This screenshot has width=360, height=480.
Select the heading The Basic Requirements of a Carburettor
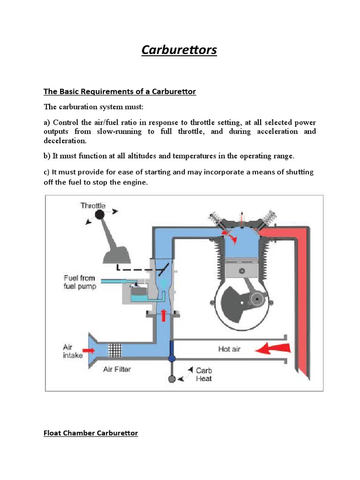(120, 91)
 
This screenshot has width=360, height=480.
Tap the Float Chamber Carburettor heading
(90, 433)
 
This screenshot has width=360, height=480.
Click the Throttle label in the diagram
(93, 205)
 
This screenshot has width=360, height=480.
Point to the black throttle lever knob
(99, 214)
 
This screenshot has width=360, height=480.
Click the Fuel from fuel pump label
(80, 282)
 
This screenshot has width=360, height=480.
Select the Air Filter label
(117, 369)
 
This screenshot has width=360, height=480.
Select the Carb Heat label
(203, 375)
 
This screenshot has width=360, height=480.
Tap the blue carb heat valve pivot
(172, 359)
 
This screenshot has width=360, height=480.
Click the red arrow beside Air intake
(89, 350)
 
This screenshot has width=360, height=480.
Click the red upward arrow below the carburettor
(164, 315)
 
